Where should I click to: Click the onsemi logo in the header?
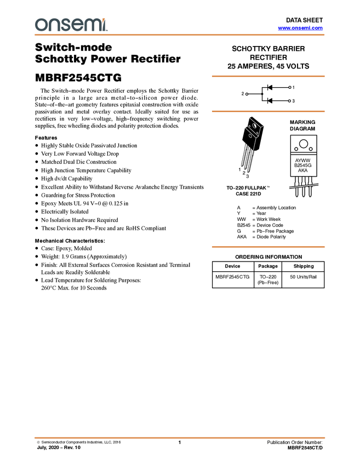pos(71,25)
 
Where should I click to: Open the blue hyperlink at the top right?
pos(300,28)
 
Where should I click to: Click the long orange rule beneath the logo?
pos(180,35)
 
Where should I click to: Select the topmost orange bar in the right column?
pos(268,76)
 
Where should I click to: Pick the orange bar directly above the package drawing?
pos(268,111)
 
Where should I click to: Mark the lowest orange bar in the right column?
pos(268,247)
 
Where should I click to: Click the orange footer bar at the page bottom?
pos(180,438)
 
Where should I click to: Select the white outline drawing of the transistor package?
pos(254,128)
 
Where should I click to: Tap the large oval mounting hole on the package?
pos(254,126)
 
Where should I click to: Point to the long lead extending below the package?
pos(254,144)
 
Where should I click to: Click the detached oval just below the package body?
pos(250,136)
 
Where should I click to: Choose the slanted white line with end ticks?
pos(304,186)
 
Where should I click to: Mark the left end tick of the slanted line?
pos(289,188)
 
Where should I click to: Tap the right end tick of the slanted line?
pos(318,184)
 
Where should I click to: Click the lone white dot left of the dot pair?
pos(247,94)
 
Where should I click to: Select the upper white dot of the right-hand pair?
pos(290,88)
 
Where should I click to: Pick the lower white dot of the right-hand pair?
pos(289,101)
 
